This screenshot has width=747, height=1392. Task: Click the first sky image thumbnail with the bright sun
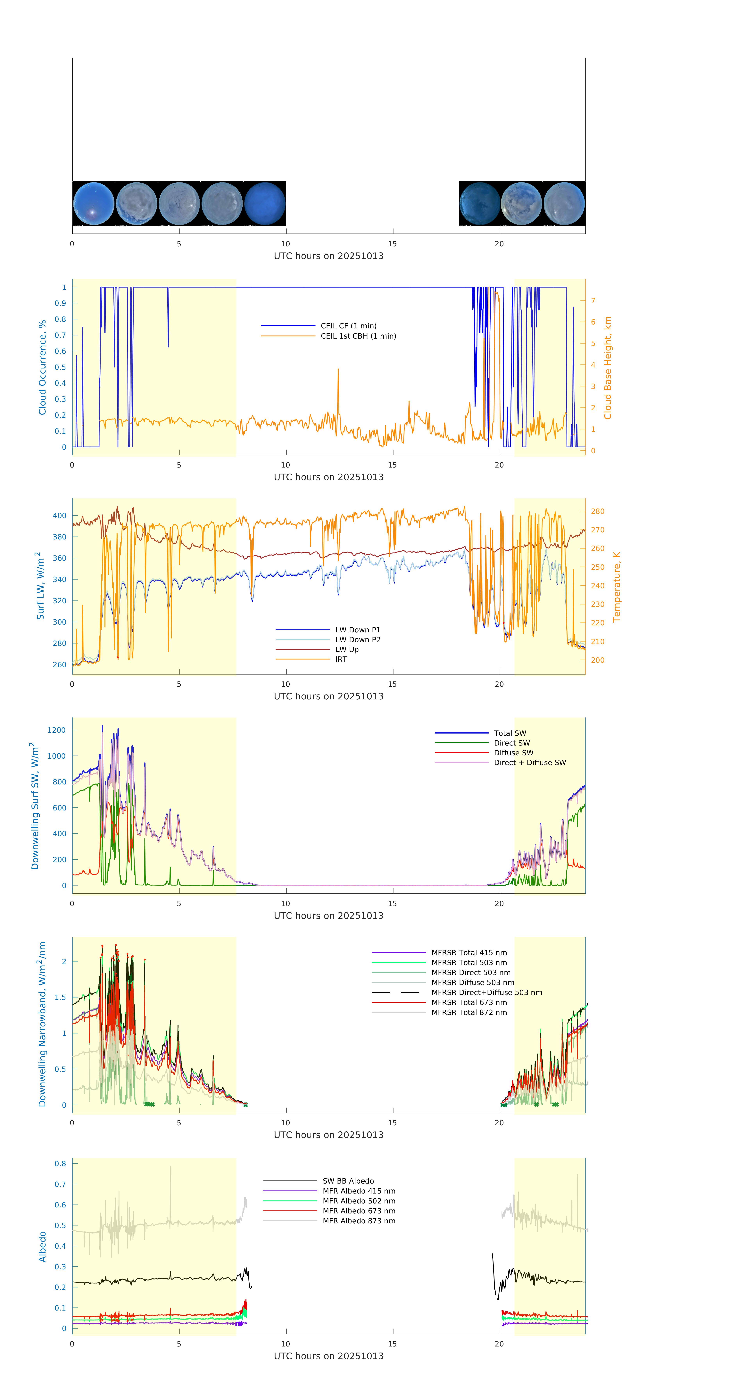[x=93, y=204]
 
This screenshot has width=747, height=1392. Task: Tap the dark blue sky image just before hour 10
[x=265, y=204]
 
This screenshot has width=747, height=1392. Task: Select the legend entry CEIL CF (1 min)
[x=348, y=326]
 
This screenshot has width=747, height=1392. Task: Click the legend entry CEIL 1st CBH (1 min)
[x=358, y=336]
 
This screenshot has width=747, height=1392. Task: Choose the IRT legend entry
[x=341, y=659]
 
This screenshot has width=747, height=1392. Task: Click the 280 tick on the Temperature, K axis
[x=597, y=511]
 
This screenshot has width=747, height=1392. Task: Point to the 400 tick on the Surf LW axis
[x=59, y=516]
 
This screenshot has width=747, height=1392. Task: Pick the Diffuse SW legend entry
[x=513, y=753]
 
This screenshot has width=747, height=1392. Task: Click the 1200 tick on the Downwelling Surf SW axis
[x=56, y=730]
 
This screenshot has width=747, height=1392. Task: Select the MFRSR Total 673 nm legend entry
[x=469, y=1002]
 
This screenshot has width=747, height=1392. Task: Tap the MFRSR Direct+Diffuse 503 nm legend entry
[x=486, y=993]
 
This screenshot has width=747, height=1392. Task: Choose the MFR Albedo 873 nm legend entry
[x=359, y=1221]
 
